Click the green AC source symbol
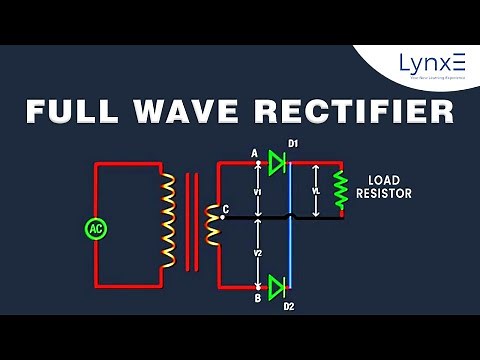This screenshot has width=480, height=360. pyautogui.click(x=96, y=228)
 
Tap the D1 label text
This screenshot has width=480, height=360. pyautogui.click(x=293, y=144)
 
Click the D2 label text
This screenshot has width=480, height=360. pyautogui.click(x=289, y=306)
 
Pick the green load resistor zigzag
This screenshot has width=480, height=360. pyautogui.click(x=340, y=189)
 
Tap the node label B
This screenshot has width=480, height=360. pyautogui.click(x=257, y=298)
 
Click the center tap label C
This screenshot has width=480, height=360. pyautogui.click(x=226, y=209)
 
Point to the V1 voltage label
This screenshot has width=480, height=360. pyautogui.click(x=257, y=190)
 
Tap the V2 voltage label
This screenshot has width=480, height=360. pyautogui.click(x=257, y=252)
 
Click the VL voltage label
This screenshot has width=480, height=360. pyautogui.click(x=316, y=189)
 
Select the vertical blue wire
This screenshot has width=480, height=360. pyautogui.click(x=290, y=225)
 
